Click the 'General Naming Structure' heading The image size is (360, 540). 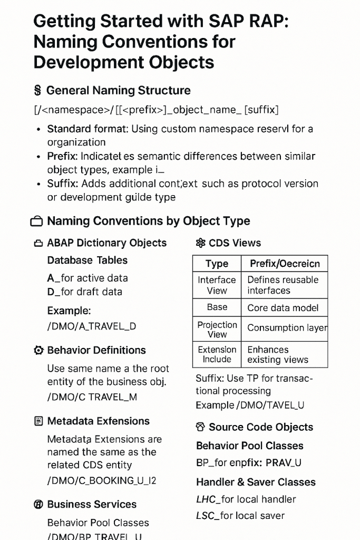click(x=118, y=90)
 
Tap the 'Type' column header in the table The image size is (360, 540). click(x=217, y=264)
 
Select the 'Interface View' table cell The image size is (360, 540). click(x=217, y=285)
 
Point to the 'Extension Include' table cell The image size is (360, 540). click(x=217, y=354)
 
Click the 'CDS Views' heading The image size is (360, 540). click(x=235, y=243)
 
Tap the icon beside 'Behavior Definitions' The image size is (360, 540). click(x=38, y=350)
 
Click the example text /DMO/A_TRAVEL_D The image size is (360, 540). click(x=92, y=326)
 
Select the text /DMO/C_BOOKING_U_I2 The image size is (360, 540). click(x=102, y=480)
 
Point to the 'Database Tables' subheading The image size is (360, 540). click(x=87, y=260)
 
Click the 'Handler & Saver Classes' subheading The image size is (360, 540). click(x=256, y=482)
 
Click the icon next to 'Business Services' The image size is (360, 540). click(x=38, y=505)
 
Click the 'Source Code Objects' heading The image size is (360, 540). click(x=261, y=427)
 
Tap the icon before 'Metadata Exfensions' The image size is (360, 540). click(x=38, y=421)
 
